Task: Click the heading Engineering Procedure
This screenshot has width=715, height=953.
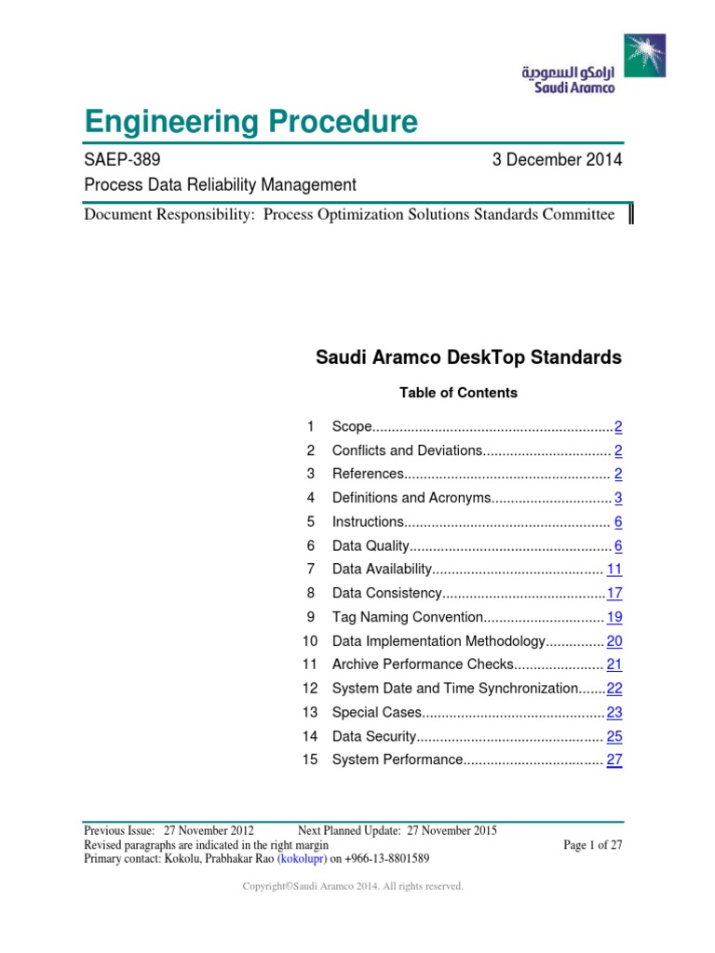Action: tap(250, 122)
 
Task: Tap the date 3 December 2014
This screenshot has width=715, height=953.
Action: tap(557, 160)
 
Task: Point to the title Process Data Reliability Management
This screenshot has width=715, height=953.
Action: tap(220, 185)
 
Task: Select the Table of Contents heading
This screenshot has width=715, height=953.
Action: tap(458, 393)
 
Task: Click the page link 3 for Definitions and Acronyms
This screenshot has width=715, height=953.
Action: tap(617, 498)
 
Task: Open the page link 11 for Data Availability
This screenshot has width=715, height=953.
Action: tap(614, 569)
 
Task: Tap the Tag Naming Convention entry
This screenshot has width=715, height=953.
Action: tap(407, 617)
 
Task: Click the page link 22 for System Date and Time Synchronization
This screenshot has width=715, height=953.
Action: tap(614, 689)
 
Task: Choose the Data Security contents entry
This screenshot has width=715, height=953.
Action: tap(372, 736)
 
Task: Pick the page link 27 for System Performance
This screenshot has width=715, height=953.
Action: tap(614, 760)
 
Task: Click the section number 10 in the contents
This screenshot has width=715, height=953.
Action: tap(309, 641)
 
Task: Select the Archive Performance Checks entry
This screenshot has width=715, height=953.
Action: tap(423, 664)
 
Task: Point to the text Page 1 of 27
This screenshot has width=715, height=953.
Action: tap(593, 845)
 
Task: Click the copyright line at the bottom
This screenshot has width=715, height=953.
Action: tap(353, 887)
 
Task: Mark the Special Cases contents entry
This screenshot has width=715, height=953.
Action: tap(378, 713)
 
